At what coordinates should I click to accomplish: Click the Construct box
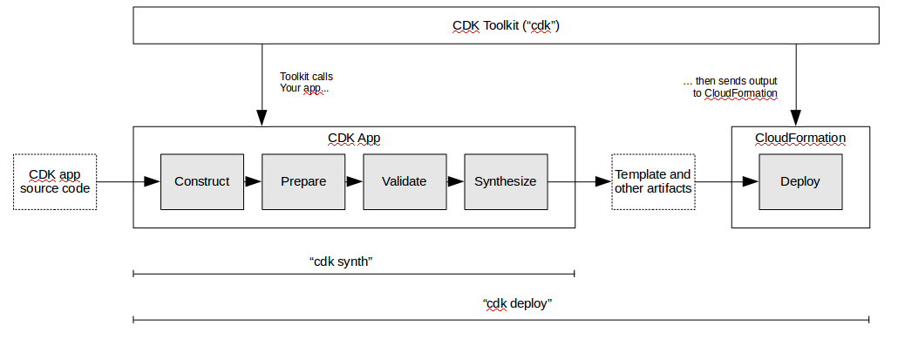202,181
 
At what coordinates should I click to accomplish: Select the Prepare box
303,181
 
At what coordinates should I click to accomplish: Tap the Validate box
405,181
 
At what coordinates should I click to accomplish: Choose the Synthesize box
506,181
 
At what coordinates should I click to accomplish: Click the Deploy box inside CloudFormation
800,181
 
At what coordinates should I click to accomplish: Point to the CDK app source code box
55,181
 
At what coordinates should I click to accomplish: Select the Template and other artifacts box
653,181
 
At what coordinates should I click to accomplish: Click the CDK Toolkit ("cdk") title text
506,25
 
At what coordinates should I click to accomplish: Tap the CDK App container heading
353,139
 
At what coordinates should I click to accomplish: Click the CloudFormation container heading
800,138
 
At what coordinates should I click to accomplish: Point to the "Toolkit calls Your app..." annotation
305,83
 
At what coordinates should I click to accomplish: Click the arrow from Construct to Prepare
253,181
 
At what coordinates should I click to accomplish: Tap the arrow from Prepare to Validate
354,181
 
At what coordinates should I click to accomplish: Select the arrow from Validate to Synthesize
455,181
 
